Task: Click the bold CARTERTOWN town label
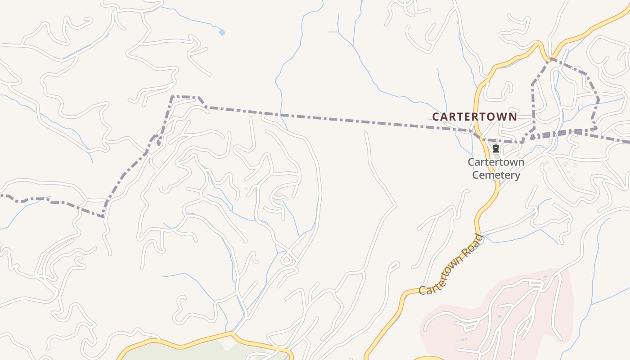(474, 117)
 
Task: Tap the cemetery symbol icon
(496, 148)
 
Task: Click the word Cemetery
(496, 175)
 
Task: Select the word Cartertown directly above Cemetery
(496, 162)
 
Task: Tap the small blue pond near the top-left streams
(221, 32)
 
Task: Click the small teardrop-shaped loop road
(287, 260)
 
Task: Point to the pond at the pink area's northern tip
(545, 277)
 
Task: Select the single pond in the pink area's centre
(499, 316)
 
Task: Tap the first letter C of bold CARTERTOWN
(435, 117)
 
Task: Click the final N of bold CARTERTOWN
(513, 117)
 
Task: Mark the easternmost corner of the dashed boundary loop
(598, 99)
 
